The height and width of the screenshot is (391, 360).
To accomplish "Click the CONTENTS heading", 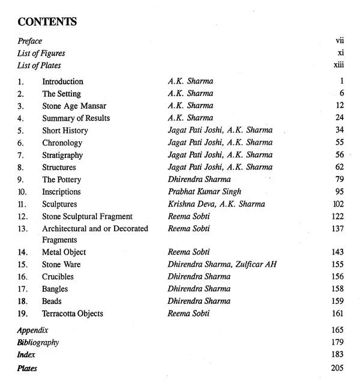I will (x=47, y=22).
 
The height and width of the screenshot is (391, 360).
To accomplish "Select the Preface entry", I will (x=29, y=41).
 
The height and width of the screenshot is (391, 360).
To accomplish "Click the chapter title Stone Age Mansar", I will (x=70, y=106).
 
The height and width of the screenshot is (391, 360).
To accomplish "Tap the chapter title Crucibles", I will (x=59, y=277).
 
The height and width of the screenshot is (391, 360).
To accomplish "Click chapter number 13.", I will (x=23, y=228).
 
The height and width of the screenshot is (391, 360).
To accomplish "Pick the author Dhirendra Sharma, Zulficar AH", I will (x=222, y=265).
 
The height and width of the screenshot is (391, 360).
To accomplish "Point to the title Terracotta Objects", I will (x=73, y=314).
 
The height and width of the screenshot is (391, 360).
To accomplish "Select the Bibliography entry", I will (x=38, y=342).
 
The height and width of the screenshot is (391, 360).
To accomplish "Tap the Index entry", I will (x=26, y=355).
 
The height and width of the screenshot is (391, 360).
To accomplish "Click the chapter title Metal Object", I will (x=64, y=252).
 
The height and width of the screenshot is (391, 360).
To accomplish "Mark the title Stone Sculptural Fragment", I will (x=87, y=216).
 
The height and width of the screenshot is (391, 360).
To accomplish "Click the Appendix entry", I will (x=32, y=330).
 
